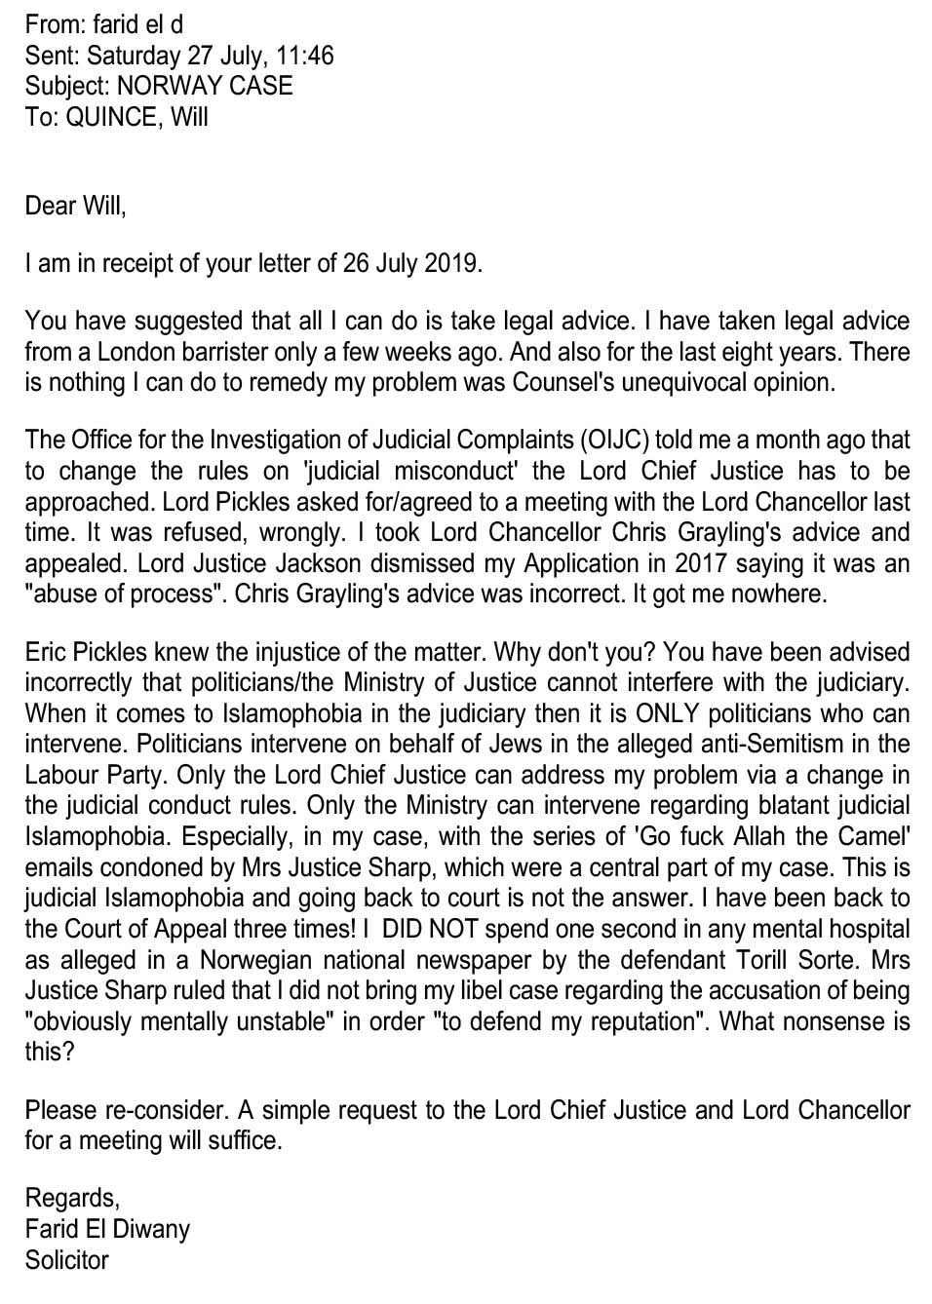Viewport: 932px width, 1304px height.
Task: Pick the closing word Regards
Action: point(71,1198)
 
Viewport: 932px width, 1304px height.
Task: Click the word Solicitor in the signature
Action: point(66,1260)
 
